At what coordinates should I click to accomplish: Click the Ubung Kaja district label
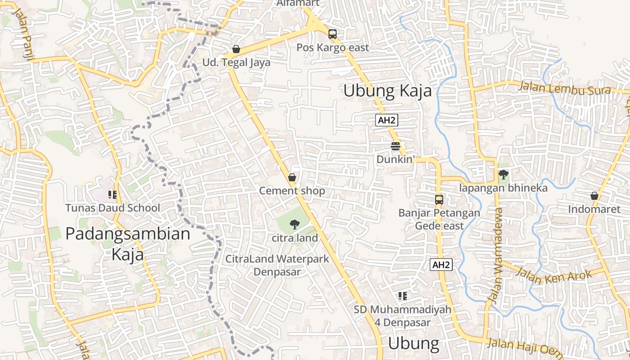click(x=387, y=91)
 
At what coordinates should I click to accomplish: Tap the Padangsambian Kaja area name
click(x=128, y=243)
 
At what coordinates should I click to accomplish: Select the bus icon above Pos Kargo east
click(x=332, y=34)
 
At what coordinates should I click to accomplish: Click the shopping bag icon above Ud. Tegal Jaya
click(x=236, y=49)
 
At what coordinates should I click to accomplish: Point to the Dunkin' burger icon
click(x=396, y=146)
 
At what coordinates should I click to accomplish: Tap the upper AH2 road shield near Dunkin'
click(x=387, y=120)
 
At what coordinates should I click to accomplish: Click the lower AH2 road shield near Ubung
click(x=441, y=265)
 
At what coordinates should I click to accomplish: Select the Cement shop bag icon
click(x=292, y=177)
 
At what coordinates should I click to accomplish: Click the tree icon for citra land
click(x=295, y=224)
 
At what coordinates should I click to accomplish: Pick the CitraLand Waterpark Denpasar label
click(x=277, y=265)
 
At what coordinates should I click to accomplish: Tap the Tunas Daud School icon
click(x=112, y=194)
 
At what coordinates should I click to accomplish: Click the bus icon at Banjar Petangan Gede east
click(x=439, y=199)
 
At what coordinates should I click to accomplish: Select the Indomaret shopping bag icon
click(x=594, y=196)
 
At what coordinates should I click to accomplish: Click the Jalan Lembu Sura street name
click(x=565, y=88)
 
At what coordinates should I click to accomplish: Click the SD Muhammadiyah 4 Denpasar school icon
click(x=402, y=296)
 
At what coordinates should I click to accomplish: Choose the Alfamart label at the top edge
click(x=298, y=3)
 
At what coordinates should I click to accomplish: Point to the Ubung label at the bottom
click(x=413, y=343)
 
